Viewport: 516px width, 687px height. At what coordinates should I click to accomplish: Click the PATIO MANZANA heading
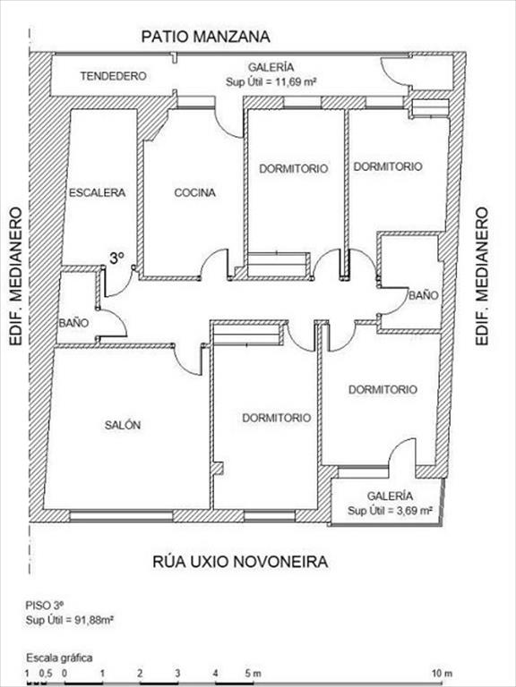tap(205, 37)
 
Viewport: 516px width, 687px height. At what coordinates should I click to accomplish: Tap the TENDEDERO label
tap(113, 76)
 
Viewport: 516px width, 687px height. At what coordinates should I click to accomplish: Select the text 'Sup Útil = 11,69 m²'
tap(271, 82)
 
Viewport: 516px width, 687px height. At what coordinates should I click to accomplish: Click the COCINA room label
tap(194, 193)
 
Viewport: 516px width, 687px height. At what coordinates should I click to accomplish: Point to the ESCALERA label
tap(98, 193)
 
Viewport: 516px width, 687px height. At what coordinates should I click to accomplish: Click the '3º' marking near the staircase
tap(116, 259)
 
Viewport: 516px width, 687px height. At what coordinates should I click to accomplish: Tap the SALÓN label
tap(123, 425)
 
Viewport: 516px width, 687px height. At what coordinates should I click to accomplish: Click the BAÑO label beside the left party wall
tap(73, 323)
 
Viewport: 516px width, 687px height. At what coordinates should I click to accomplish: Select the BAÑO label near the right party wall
tap(424, 295)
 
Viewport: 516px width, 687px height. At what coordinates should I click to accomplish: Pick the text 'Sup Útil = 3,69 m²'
tap(391, 511)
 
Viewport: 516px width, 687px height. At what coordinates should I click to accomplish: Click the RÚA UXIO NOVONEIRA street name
tap(240, 562)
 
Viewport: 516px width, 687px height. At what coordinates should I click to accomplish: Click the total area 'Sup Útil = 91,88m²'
tap(70, 620)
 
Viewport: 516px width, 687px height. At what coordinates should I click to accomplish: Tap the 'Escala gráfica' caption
tap(59, 657)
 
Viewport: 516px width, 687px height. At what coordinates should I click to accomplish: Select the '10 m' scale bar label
tap(442, 674)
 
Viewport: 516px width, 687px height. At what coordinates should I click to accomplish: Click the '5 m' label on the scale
tap(253, 674)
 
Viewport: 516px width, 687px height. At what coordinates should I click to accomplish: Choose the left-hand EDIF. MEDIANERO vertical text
tap(16, 276)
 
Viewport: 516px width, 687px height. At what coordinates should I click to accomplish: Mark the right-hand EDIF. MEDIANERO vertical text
tap(482, 276)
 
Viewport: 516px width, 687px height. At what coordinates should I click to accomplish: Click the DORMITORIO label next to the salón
tap(277, 418)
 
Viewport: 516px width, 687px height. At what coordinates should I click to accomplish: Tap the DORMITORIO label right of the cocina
tap(294, 169)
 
